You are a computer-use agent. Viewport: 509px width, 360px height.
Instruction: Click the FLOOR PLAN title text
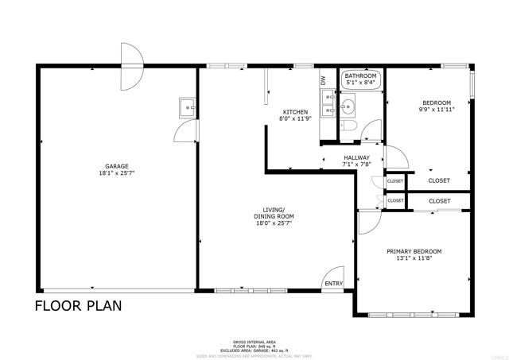click(78, 306)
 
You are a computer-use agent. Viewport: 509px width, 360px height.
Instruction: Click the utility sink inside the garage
click(188, 106)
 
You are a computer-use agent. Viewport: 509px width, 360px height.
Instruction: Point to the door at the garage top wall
click(131, 56)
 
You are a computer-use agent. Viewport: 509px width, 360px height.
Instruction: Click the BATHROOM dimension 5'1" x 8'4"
click(361, 82)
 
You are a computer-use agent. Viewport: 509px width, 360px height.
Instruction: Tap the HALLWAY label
click(356, 158)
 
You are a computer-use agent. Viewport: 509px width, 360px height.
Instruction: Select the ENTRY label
click(333, 283)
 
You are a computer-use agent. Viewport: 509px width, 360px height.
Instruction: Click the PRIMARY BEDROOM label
click(414, 252)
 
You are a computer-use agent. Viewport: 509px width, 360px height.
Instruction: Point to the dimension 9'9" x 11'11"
click(436, 110)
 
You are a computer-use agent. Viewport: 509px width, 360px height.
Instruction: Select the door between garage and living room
click(185, 132)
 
